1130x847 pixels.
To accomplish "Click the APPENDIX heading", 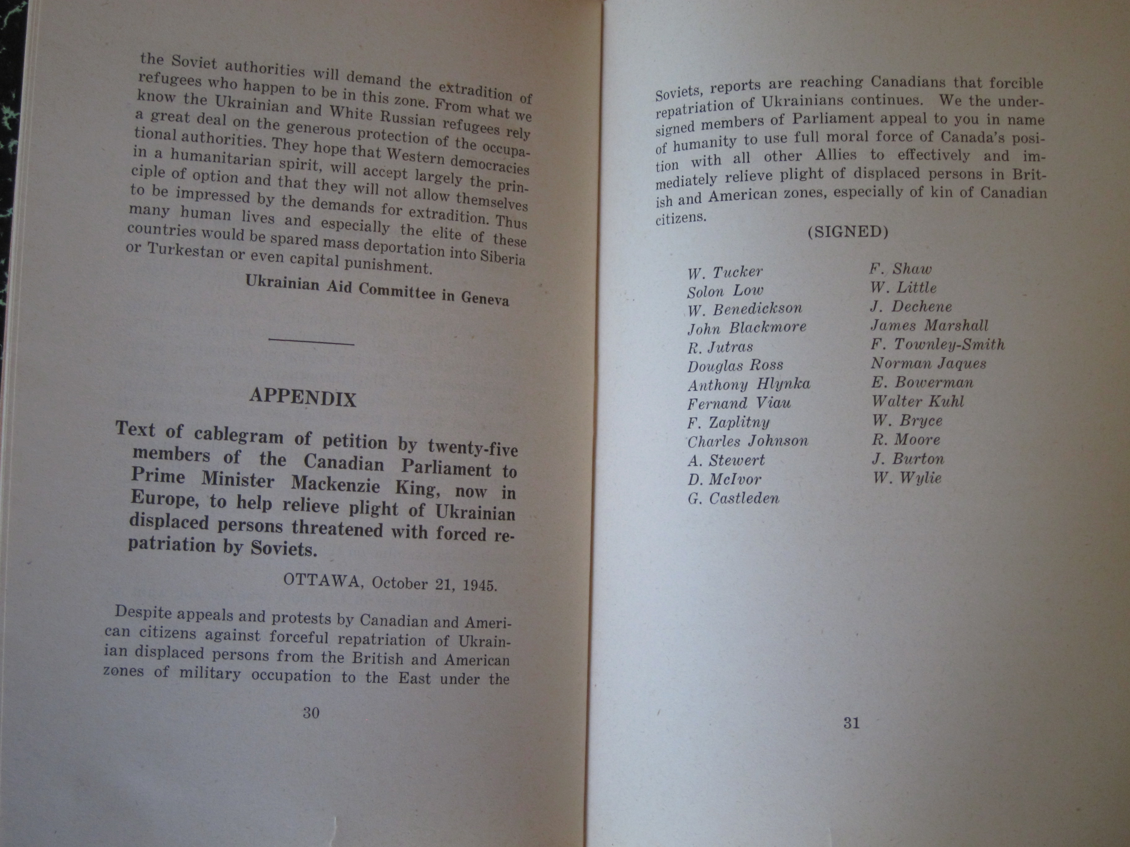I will [x=303, y=398].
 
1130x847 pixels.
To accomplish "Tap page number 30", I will [x=311, y=713].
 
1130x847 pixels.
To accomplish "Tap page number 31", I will [x=852, y=723].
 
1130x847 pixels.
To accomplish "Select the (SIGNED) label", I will [x=848, y=232].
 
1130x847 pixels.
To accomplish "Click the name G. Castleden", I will [x=734, y=498].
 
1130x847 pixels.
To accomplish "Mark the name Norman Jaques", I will [x=929, y=363].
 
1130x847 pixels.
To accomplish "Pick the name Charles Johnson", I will [x=748, y=441].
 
